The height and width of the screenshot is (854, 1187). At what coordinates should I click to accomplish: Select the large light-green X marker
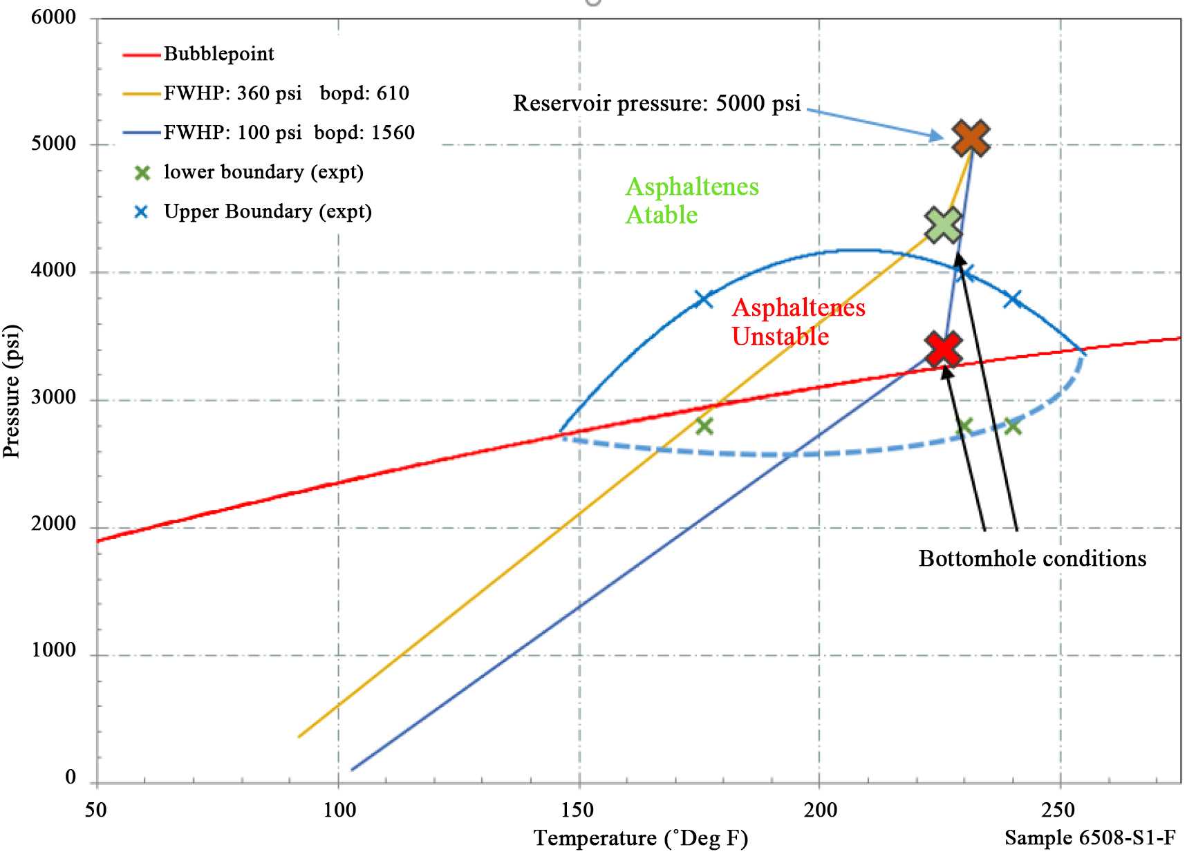943,225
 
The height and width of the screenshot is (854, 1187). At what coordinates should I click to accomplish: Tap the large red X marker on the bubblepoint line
944,348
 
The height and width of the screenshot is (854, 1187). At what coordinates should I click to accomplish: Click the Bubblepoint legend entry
218,54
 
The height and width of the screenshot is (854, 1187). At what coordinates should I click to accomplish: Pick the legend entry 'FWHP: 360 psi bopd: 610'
286,93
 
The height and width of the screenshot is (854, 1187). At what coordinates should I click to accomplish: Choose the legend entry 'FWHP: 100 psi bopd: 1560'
289,133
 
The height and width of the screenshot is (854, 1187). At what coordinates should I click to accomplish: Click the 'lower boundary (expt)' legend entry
263,172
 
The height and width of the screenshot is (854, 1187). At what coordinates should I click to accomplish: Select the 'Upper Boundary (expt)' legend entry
267,211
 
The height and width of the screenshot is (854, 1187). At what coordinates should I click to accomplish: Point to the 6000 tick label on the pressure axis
53,17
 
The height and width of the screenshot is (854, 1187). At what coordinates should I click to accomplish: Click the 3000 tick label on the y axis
53,397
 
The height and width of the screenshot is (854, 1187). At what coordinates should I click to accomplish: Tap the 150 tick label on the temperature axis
579,809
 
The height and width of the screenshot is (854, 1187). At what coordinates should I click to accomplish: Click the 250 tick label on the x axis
1059,809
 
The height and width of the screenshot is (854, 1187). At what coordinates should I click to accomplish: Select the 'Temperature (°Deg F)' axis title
641,838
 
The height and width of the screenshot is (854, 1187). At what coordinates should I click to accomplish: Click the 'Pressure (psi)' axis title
12,391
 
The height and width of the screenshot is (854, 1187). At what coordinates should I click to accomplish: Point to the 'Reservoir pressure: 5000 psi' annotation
657,104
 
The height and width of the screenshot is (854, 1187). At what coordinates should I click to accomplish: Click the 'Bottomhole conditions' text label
1032,558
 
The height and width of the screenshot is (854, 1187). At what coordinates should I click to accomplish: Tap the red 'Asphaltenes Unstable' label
798,322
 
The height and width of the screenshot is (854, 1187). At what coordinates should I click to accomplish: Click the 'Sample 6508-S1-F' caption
1090,838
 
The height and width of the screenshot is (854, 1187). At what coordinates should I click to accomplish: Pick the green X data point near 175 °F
704,426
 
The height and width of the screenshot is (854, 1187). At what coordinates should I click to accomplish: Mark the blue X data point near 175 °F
704,299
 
